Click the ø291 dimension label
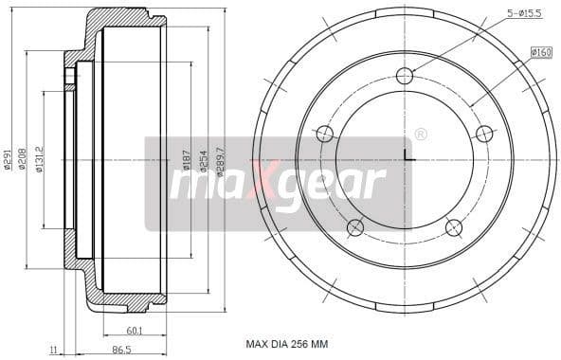click(8, 162)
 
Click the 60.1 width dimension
click(135, 331)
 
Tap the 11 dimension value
click(53, 350)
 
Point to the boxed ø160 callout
click(541, 52)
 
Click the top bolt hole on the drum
click(405, 76)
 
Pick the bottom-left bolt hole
click(355, 226)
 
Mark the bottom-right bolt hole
click(453, 226)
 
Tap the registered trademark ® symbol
click(421, 134)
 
